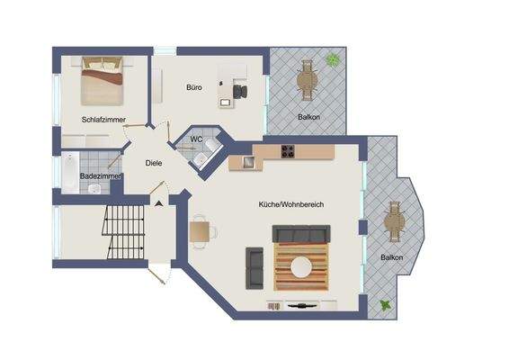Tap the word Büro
[x=193, y=87]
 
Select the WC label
[x=195, y=139]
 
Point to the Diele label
[x=155, y=163]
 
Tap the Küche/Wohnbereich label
[x=290, y=205]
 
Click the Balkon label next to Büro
[x=308, y=118]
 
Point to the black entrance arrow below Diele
[x=159, y=204]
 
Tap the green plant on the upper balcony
[x=334, y=60]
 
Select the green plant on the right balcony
[x=386, y=305]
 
